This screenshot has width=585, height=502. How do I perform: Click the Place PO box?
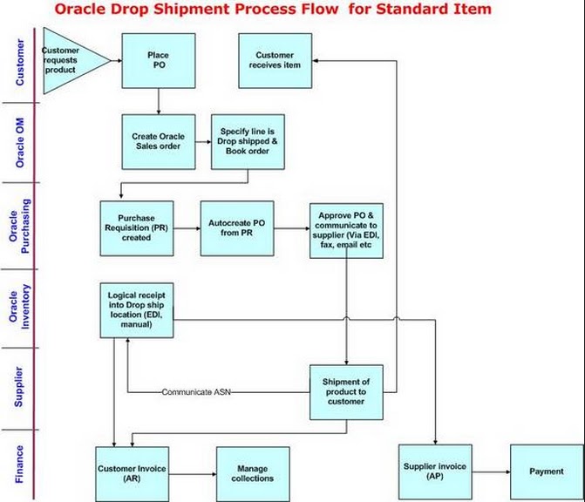(x=158, y=60)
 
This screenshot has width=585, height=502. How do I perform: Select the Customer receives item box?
(x=275, y=60)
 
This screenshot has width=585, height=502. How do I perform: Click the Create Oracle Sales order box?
(x=158, y=141)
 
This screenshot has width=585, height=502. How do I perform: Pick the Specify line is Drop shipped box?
(x=248, y=141)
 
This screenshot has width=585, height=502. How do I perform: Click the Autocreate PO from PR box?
(x=236, y=228)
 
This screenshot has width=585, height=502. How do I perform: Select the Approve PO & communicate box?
(x=346, y=230)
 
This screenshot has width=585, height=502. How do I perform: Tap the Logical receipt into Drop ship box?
(x=137, y=309)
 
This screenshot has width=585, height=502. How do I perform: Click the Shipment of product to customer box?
(x=346, y=391)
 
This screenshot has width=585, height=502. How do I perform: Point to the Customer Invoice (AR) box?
(x=132, y=473)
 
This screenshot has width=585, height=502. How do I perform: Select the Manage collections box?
(x=253, y=473)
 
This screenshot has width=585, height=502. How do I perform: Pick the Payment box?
(x=546, y=471)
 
